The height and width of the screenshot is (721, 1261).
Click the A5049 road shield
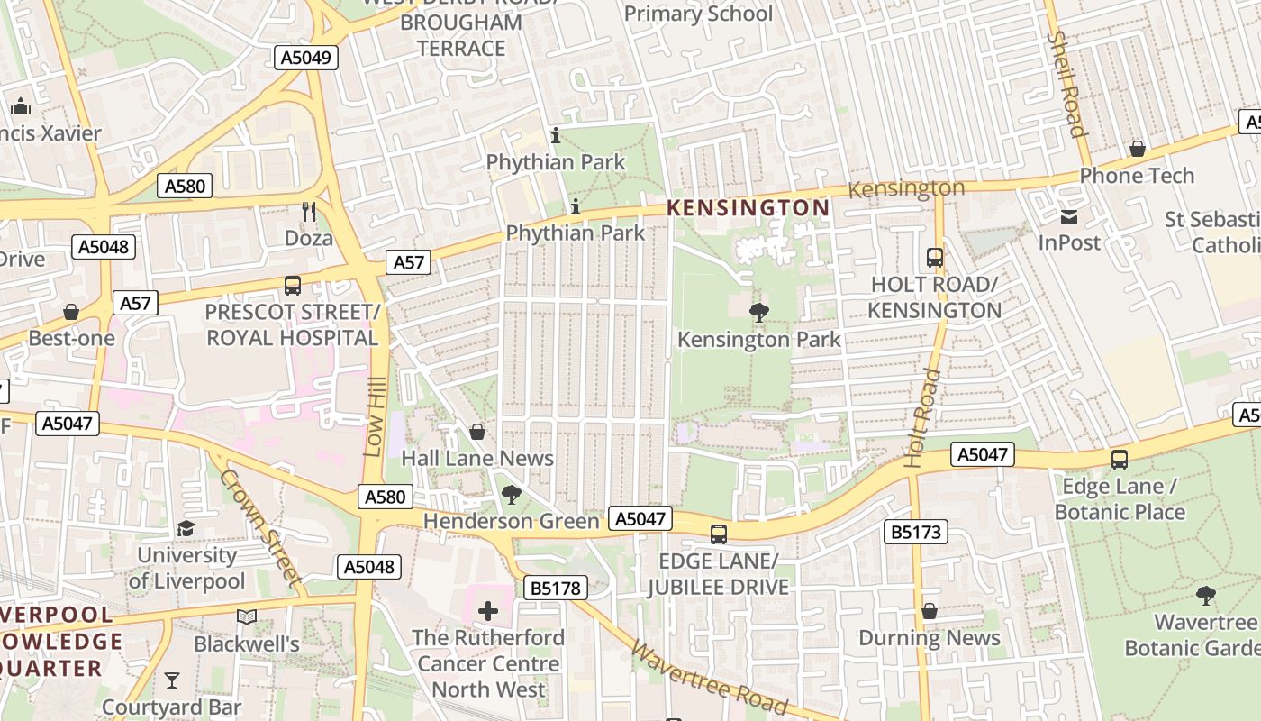pos(305,58)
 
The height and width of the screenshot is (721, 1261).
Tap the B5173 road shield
pos(916,532)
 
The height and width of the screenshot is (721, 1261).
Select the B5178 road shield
pos(556,589)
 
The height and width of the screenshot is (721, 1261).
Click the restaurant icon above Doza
pos(309,212)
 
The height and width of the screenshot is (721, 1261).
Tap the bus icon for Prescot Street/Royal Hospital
pos(293,286)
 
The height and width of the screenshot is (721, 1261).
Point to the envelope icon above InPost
pos(1069,216)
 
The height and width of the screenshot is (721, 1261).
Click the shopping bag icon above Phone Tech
pos(1137,149)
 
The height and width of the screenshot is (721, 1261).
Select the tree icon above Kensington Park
pos(758,313)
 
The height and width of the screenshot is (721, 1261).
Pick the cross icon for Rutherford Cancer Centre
pos(488,612)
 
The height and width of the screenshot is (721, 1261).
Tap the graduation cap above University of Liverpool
pos(186,528)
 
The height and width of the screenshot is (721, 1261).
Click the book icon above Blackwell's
pos(246,617)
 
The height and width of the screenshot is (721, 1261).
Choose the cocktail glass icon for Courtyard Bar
pos(172,680)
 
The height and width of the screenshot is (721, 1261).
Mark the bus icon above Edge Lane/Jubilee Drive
pos(718,534)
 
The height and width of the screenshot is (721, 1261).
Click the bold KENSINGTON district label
pos(748,208)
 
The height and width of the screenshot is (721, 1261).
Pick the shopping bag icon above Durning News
pos(930,612)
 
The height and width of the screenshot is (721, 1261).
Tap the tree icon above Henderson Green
pos(511,494)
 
